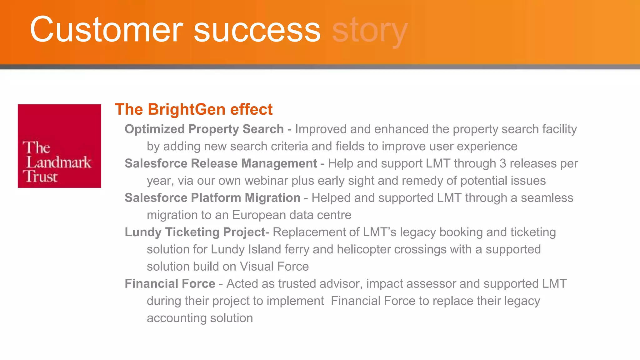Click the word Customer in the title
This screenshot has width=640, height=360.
click(x=106, y=30)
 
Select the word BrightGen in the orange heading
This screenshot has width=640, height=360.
click(x=187, y=109)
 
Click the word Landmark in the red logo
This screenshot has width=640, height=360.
click(x=59, y=162)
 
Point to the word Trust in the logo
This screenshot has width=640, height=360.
click(x=40, y=177)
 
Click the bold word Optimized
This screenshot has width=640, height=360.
click(x=155, y=129)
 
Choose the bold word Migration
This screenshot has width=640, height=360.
click(x=272, y=198)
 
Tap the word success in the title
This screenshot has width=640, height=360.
click(x=257, y=30)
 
